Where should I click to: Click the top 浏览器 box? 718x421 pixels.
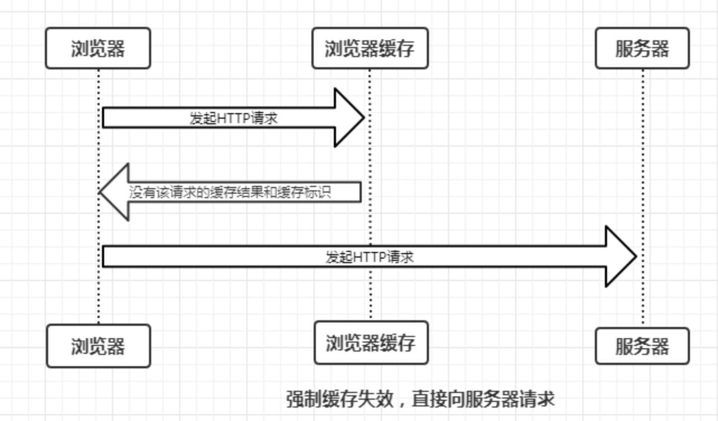pyautogui.click(x=98, y=49)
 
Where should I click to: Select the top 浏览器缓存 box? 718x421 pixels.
pyautogui.click(x=370, y=49)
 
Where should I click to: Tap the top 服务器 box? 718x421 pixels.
pyautogui.click(x=642, y=49)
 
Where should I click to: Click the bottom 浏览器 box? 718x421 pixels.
pyautogui.click(x=98, y=346)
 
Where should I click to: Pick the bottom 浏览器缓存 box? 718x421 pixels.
pyautogui.click(x=371, y=343)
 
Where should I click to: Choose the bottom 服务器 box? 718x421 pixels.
pyautogui.click(x=642, y=346)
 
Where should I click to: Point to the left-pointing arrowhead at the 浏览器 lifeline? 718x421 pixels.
pyautogui.click(x=115, y=192)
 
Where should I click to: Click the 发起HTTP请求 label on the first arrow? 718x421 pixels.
pyautogui.click(x=234, y=118)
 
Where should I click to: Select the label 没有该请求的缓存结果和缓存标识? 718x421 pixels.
pyautogui.click(x=230, y=193)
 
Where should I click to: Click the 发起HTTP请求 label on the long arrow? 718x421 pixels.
pyautogui.click(x=370, y=258)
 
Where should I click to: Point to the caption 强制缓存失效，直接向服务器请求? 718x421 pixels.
pyautogui.click(x=420, y=399)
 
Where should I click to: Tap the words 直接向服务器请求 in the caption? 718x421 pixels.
pyautogui.click(x=483, y=399)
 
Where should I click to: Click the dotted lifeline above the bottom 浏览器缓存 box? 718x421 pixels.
pyautogui.click(x=370, y=291)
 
